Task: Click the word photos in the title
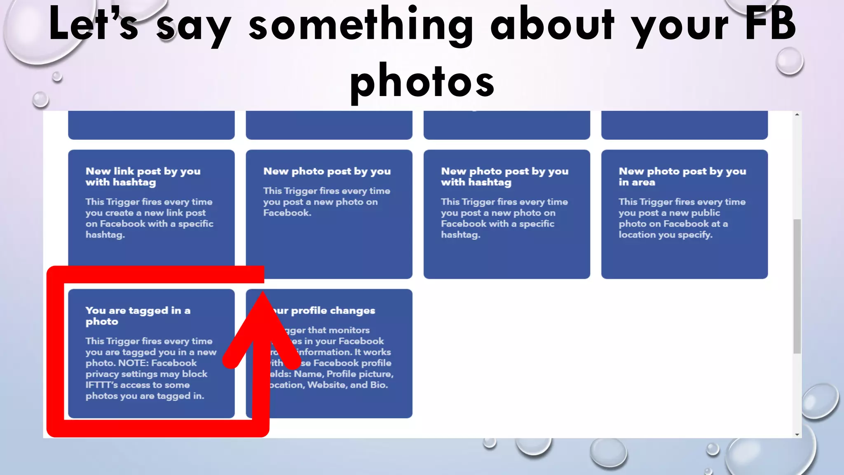click(422, 80)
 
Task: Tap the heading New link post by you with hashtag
click(143, 176)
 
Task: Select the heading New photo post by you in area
click(682, 176)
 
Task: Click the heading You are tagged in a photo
click(138, 316)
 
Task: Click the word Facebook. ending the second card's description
click(287, 213)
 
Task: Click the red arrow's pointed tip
click(262, 294)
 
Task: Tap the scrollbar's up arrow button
click(797, 115)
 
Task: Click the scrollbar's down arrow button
click(797, 434)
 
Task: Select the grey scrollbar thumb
click(797, 286)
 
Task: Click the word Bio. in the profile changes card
click(379, 385)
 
